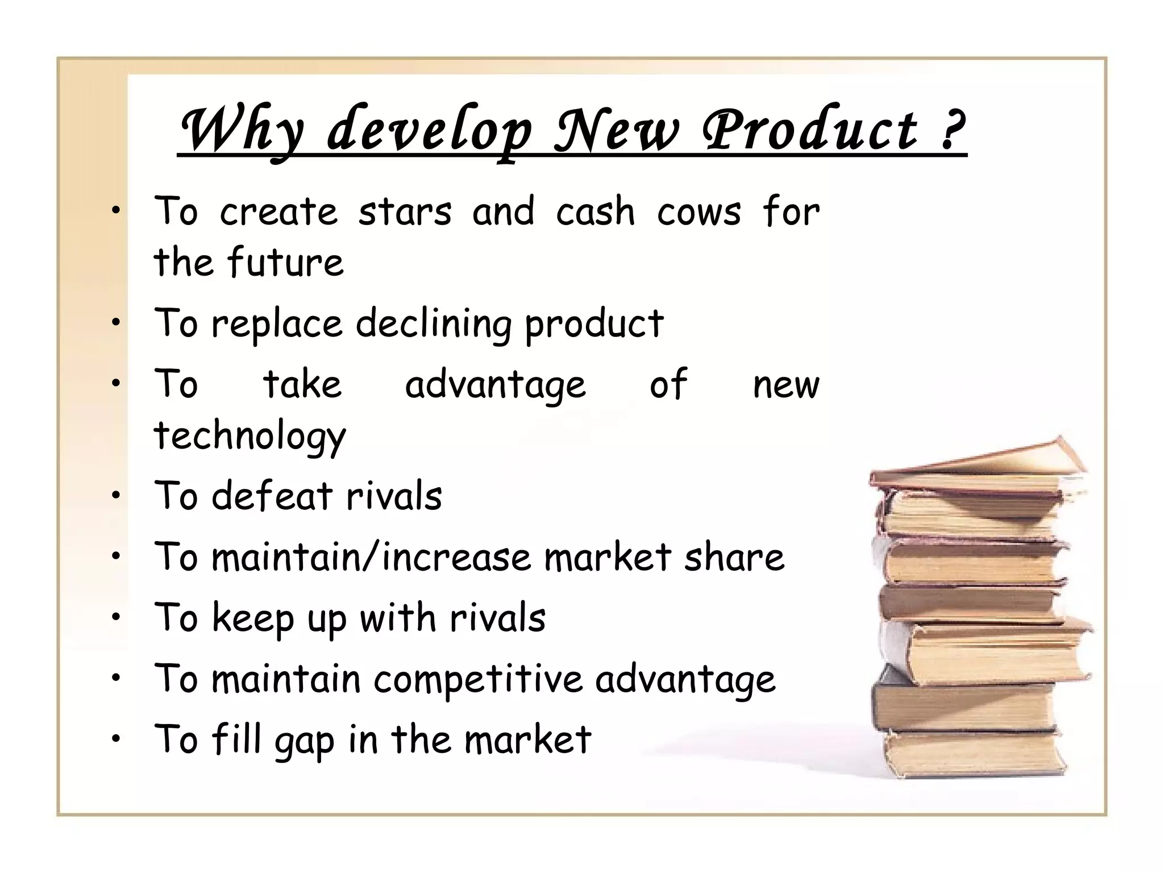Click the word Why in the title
coord(242,129)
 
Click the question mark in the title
coord(950,129)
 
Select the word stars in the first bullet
coord(405,211)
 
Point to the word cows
coord(699,211)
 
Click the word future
coord(285,263)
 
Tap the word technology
coord(250,436)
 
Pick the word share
coord(734,557)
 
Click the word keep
coord(252,618)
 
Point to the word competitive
coord(478,680)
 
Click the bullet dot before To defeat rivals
coord(117,496)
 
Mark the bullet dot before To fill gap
coord(117,739)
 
